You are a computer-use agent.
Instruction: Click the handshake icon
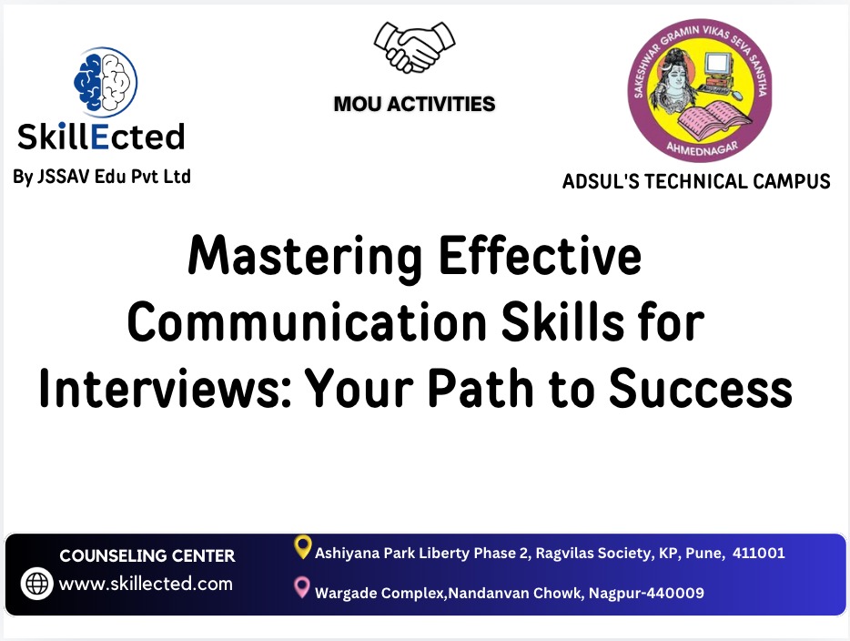(413, 46)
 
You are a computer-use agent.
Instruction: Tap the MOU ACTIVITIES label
(414, 104)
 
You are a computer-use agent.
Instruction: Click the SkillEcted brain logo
(105, 81)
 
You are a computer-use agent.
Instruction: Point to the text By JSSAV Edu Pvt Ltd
(102, 177)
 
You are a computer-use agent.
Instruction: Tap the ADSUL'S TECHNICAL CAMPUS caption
(696, 181)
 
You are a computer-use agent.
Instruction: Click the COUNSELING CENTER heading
(147, 555)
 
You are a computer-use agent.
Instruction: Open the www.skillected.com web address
(146, 584)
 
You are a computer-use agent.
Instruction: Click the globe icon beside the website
(37, 584)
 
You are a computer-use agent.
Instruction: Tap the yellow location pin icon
(303, 546)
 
